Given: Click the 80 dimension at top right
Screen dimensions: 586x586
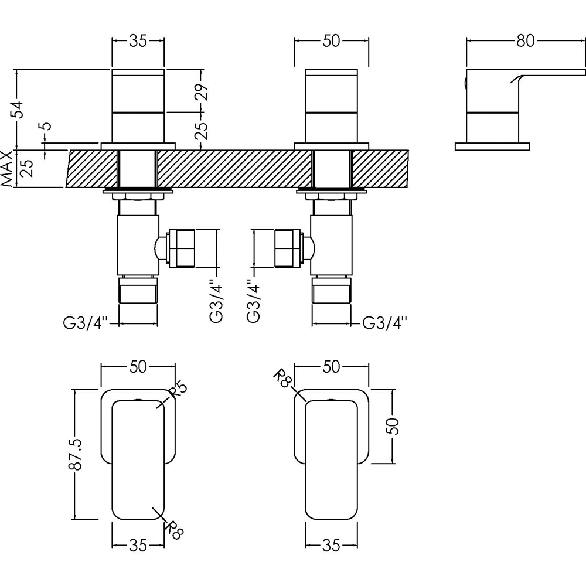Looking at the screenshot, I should point(525,40).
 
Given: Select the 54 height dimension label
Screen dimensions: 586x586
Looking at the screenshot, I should point(19,109).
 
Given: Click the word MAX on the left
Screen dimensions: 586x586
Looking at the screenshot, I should point(6,169).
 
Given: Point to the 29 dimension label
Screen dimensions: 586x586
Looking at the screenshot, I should point(202,93).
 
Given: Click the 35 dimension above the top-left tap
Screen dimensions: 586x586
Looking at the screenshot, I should point(138,40).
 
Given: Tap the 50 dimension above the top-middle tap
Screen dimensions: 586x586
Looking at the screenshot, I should point(331,40).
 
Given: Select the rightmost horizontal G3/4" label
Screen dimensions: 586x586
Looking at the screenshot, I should point(385,322).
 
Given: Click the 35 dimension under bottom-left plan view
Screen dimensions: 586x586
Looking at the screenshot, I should point(138,546).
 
